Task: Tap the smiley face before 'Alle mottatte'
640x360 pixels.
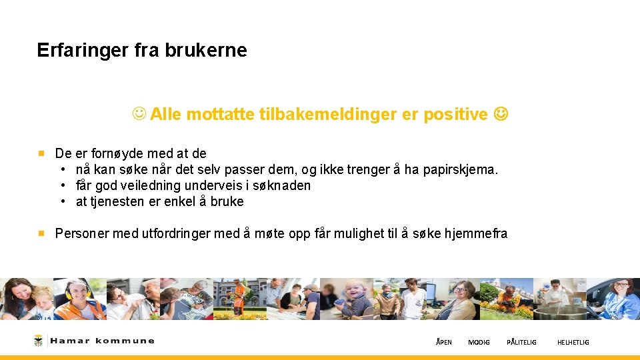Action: (139, 115)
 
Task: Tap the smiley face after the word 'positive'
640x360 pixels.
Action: (500, 115)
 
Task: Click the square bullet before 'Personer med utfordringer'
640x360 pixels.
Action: (41, 234)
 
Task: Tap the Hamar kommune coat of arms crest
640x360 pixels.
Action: (38, 341)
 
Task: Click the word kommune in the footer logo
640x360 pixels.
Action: (125, 341)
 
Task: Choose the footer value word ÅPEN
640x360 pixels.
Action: (443, 343)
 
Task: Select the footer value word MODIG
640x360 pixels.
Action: (479, 343)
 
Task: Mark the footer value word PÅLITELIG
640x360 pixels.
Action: (521, 343)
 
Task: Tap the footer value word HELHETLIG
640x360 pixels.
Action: (573, 343)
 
